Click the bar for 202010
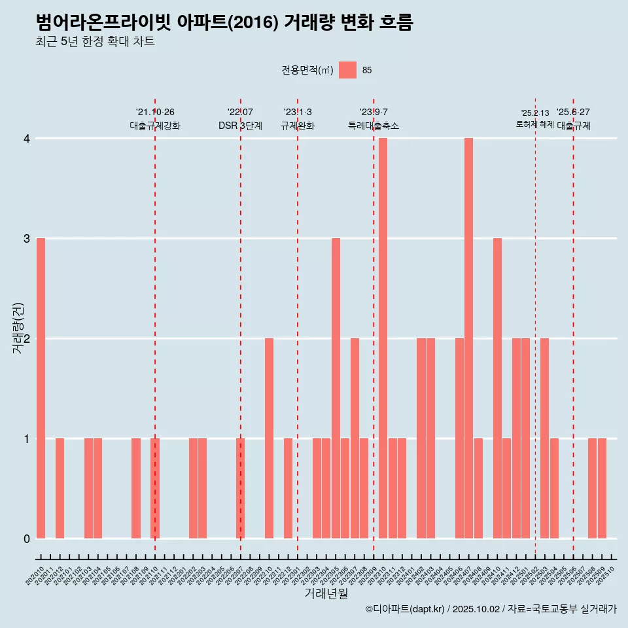coord(41,388)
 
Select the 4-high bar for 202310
coord(383,338)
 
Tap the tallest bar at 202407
coord(468,338)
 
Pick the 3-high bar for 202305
coord(336,388)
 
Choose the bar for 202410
coord(497,388)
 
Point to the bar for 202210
coord(269,438)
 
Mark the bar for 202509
coord(602,488)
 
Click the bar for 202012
coord(60,488)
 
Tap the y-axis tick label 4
coord(27,139)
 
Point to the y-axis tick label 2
coord(27,339)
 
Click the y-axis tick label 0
coord(27,539)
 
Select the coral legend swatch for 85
coord(348,70)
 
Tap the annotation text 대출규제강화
coord(155,126)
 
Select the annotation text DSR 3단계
coord(240,126)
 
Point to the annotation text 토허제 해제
coord(535,124)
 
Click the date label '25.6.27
coord(573,112)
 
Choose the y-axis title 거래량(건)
coord(18,328)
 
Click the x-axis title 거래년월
coord(326,594)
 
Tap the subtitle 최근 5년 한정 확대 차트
coord(96,42)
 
